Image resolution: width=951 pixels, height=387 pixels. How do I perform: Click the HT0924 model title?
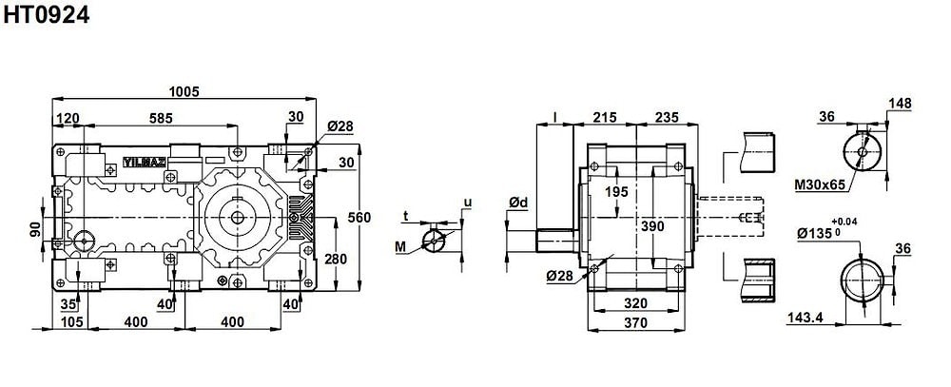[x=46, y=14]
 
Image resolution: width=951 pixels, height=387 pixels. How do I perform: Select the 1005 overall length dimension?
[x=184, y=91]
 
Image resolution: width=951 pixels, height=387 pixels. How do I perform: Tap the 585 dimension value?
[x=161, y=118]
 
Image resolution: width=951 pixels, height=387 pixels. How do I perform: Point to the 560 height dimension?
[x=359, y=217]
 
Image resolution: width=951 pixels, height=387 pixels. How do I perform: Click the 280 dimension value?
[x=336, y=259]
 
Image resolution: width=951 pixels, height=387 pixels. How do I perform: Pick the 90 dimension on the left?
[x=35, y=228]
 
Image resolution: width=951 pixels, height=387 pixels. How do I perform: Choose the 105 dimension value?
[x=73, y=322]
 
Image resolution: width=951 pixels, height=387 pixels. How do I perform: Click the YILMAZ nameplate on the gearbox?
[x=145, y=162]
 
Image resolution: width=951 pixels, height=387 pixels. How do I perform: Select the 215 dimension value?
[x=604, y=117]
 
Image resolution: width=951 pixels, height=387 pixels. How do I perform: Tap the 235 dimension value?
[x=667, y=117]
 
